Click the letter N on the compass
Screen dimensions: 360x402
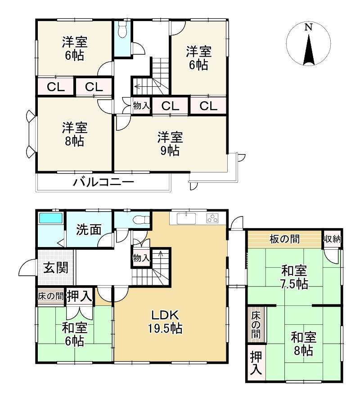[x=308, y=27]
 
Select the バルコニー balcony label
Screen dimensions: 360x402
[x=103, y=182]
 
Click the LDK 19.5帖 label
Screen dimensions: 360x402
[x=165, y=322]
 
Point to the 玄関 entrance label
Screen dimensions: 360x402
[x=56, y=268]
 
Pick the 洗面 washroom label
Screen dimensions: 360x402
[x=89, y=230]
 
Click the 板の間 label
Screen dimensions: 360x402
[x=284, y=239]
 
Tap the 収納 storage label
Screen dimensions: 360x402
[x=332, y=239]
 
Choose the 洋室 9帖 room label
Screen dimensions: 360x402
[x=170, y=144]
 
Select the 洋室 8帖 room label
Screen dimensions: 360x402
[x=75, y=134]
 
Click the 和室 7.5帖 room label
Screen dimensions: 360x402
[x=294, y=278]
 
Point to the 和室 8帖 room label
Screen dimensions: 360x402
[x=303, y=344]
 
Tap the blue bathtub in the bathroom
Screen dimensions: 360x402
[x=50, y=218]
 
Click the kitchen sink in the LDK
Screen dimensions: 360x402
[x=186, y=218]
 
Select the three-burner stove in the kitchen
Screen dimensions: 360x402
[x=212, y=218]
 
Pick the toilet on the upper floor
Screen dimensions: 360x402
[x=122, y=30]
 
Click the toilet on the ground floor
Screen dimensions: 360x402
[x=141, y=220]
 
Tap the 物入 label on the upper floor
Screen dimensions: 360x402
[x=141, y=106]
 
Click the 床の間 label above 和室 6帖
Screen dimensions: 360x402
[x=50, y=296]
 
